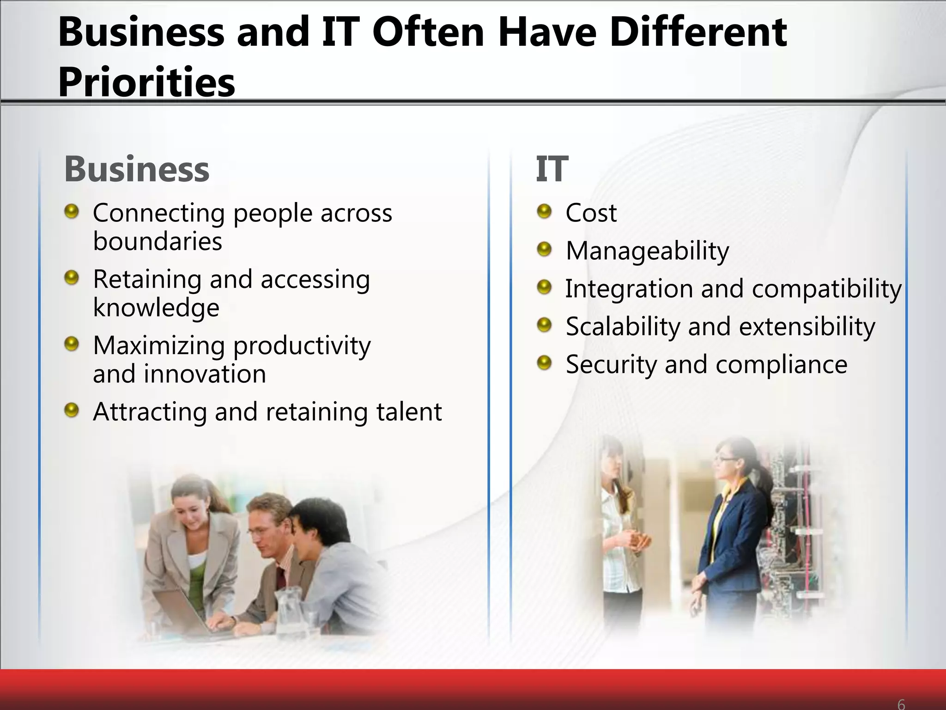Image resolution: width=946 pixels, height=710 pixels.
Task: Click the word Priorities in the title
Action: (x=146, y=82)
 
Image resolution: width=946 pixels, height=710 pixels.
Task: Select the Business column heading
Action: (x=137, y=169)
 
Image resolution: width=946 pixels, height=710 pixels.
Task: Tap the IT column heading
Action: (x=552, y=169)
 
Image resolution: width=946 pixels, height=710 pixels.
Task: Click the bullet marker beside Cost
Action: (x=545, y=212)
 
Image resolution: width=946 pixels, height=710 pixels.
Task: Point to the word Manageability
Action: (x=647, y=251)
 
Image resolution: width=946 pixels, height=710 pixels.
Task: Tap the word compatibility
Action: (x=826, y=289)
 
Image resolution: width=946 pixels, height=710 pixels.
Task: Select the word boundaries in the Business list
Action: (x=158, y=241)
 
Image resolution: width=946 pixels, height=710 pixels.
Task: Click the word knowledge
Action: (x=156, y=308)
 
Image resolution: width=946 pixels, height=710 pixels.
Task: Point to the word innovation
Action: (x=205, y=374)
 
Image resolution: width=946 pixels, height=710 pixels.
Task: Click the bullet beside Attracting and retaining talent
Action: (x=72, y=410)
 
